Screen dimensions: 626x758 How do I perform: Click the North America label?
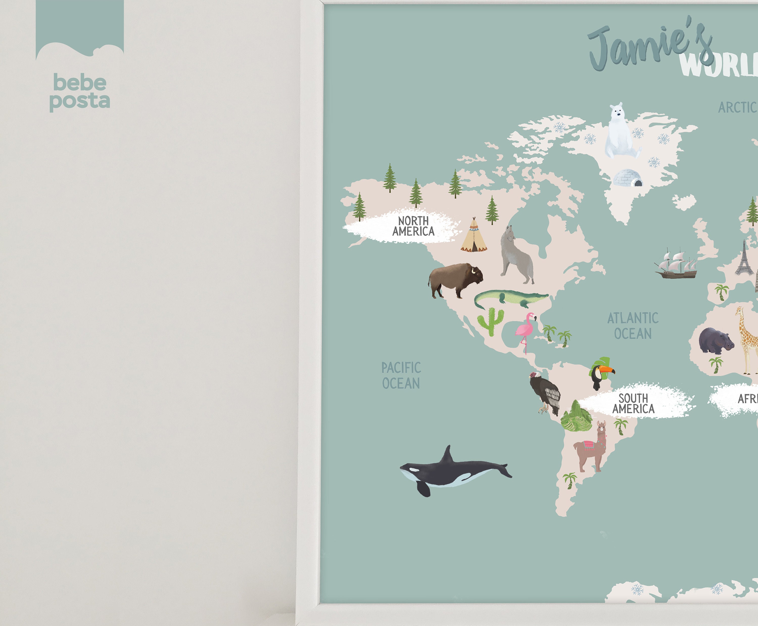coord(413,226)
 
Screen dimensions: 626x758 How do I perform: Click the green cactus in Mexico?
coord(490,321)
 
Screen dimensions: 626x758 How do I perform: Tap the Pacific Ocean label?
coord(401,376)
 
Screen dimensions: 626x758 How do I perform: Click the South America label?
coord(633,403)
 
